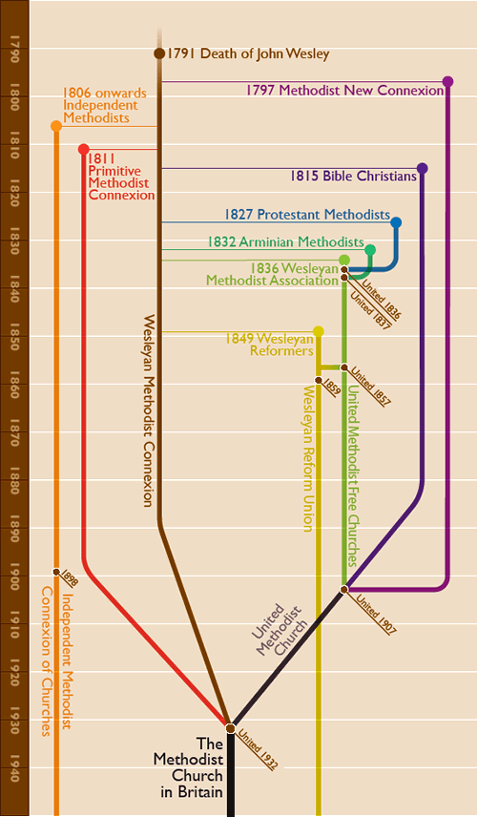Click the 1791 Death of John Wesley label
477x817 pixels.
pyautogui.click(x=248, y=54)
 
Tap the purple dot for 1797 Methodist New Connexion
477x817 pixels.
pyautogui.click(x=447, y=82)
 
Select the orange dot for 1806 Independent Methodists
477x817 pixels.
pyautogui.click(x=55, y=126)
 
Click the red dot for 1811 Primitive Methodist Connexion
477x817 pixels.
pyautogui.click(x=84, y=149)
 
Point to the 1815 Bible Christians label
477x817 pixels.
pyautogui.click(x=353, y=177)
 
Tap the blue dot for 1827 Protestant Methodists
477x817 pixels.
pyautogui.click(x=396, y=222)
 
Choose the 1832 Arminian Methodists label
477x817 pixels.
pyautogui.click(x=285, y=242)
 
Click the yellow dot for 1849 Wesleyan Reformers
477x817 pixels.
pyautogui.click(x=319, y=331)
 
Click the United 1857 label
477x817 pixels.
pyautogui.click(x=370, y=386)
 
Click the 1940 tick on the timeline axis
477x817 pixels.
pyautogui.click(x=13, y=767)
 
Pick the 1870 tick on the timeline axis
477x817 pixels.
pyautogui.click(x=13, y=432)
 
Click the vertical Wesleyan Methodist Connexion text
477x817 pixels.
pyautogui.click(x=148, y=410)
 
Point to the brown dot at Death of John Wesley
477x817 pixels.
pyautogui.click(x=159, y=53)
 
